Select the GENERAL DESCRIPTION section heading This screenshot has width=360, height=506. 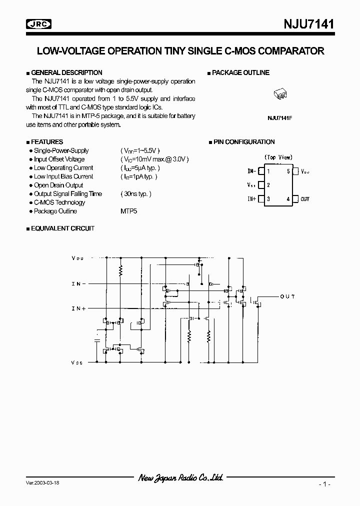click(66, 72)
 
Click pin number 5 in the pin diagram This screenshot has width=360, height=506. click(288, 171)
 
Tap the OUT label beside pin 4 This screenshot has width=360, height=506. click(305, 199)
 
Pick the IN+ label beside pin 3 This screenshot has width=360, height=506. click(251, 199)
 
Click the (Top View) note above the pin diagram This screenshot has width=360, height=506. click(278, 157)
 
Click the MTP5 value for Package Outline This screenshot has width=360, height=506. click(128, 211)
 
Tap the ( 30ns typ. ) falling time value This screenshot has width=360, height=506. click(135, 194)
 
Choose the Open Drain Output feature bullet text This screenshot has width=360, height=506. click(58, 185)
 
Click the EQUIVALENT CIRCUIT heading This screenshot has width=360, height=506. click(62, 228)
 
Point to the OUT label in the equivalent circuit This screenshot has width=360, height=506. click(287, 296)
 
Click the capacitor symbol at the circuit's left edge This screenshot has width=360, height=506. click(97, 340)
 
